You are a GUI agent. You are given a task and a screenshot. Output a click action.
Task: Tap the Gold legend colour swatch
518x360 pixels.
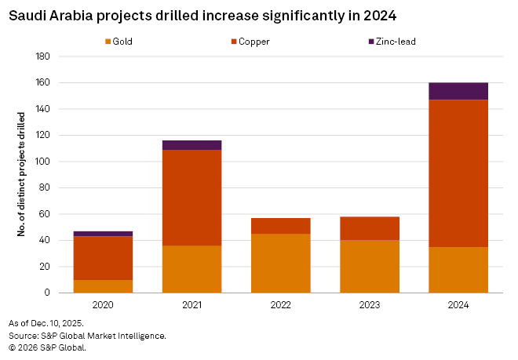pos(107,42)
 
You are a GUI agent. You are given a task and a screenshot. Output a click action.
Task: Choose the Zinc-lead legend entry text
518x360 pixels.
pos(396,42)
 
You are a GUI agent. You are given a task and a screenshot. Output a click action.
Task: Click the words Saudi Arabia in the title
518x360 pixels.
pos(45,15)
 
